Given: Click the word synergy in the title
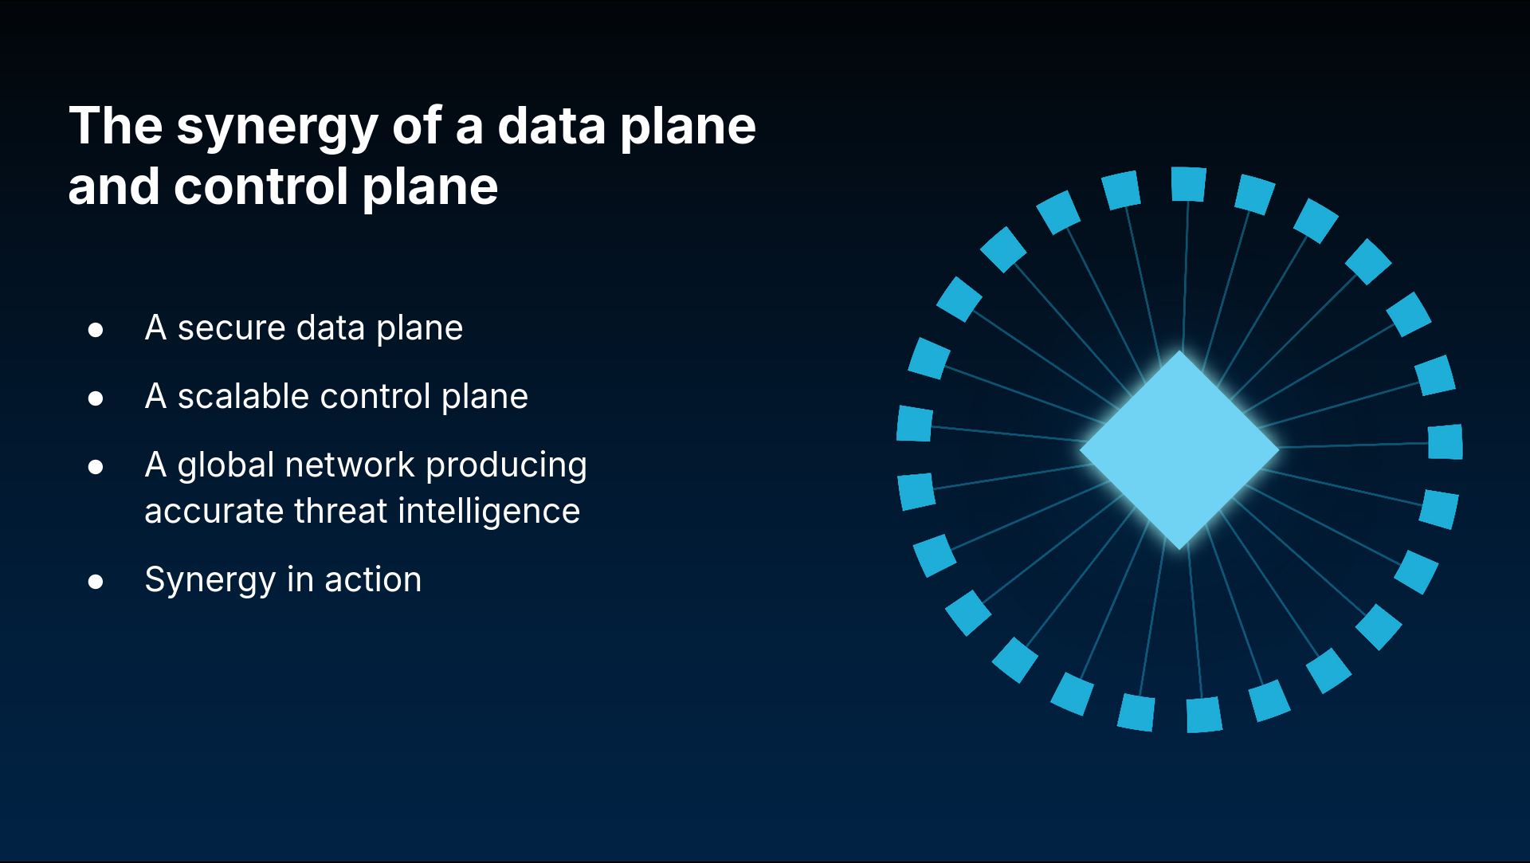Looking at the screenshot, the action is click(x=277, y=128).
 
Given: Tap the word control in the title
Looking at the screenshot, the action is click(x=261, y=186).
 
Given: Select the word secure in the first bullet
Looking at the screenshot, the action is click(x=231, y=328).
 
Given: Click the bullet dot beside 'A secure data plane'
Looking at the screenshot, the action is click(x=96, y=330).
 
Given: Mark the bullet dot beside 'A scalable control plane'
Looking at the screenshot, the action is click(x=96, y=398).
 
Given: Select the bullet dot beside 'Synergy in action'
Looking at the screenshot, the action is click(x=96, y=582).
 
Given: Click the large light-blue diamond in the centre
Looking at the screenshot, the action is click(x=1179, y=450).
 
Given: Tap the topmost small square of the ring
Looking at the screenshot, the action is click(x=1188, y=184).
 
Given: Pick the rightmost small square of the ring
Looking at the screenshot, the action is click(x=1446, y=442).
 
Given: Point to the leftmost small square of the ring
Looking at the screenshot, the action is click(x=915, y=423).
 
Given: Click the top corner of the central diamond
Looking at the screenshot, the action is click(x=1179, y=351).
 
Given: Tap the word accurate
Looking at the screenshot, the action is click(x=214, y=512).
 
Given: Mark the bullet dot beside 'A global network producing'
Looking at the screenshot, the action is click(x=96, y=467).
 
